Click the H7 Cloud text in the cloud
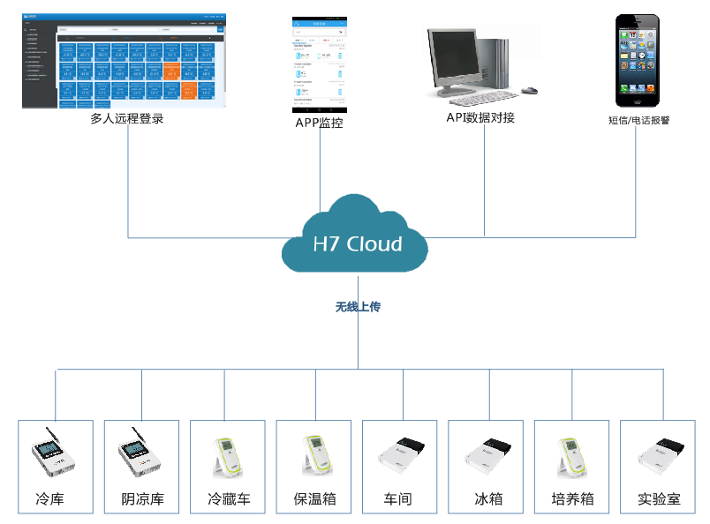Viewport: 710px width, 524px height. pos(358,244)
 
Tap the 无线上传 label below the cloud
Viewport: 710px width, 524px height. pos(358,307)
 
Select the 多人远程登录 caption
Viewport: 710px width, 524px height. pos(127,118)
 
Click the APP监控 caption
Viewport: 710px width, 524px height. pos(319,123)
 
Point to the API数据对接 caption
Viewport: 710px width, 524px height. pos(480,117)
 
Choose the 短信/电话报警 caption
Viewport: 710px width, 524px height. pos(638,120)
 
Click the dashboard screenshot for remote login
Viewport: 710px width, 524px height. pos(124,60)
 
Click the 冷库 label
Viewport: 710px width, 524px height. pos(50,499)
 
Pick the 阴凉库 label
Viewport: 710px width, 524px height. pos(142,499)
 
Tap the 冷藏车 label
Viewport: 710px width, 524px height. pos(229,499)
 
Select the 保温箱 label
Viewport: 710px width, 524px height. pos(315,499)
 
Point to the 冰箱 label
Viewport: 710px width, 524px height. pos(487,499)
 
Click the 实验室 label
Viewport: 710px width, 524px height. pos(660,499)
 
